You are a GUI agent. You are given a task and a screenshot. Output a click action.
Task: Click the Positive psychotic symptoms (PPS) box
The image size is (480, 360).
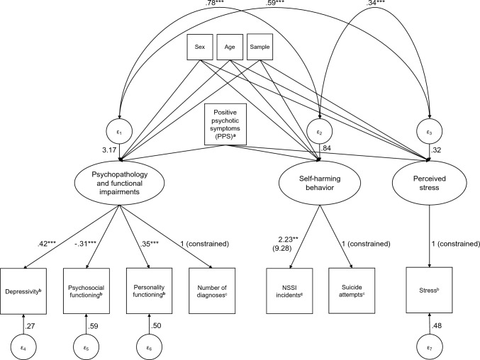point(225,124)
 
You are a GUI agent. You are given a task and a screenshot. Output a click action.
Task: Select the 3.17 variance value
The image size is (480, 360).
point(109,150)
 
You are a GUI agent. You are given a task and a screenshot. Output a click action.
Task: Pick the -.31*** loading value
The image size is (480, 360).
point(86,244)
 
